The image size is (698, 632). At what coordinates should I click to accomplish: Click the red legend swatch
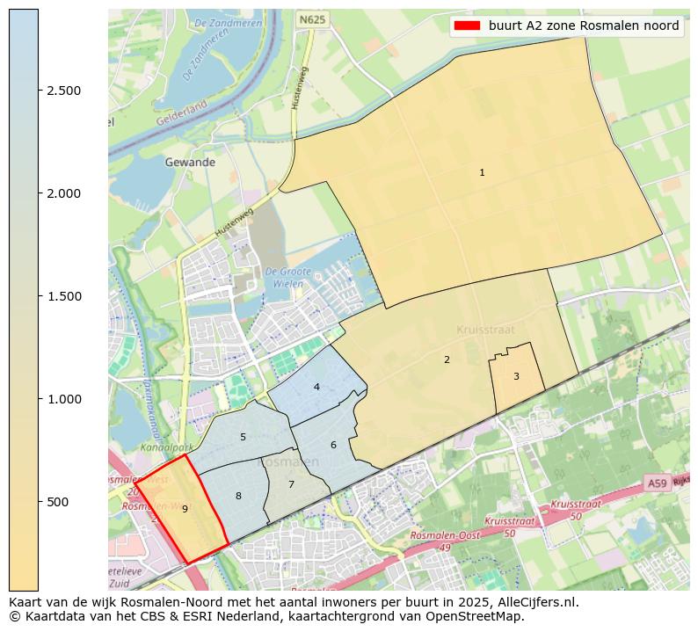(x=466, y=26)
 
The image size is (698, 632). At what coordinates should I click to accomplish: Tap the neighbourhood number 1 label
(x=482, y=173)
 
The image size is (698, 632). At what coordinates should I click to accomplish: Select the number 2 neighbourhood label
(x=447, y=360)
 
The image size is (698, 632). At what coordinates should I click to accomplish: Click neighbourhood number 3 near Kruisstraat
(x=516, y=377)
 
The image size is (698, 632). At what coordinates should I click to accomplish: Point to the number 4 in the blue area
(x=316, y=388)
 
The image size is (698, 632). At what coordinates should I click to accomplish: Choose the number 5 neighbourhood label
(x=243, y=438)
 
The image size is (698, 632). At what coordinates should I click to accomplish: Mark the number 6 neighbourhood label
(x=333, y=446)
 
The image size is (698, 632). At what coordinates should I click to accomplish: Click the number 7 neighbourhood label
(x=291, y=485)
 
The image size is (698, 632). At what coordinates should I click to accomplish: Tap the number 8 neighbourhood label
(x=238, y=497)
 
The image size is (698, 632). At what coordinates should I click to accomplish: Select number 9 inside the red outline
(x=185, y=509)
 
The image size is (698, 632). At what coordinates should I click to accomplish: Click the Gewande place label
(x=190, y=163)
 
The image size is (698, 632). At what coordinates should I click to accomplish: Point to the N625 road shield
(x=312, y=18)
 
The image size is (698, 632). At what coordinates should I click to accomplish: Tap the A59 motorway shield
(x=657, y=483)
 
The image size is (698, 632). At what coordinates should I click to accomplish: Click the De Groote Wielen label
(x=284, y=278)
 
